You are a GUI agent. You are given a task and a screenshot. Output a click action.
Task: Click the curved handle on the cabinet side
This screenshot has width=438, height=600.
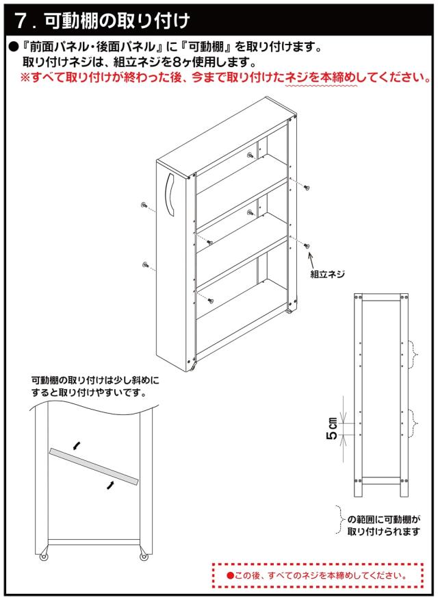pos(170,195)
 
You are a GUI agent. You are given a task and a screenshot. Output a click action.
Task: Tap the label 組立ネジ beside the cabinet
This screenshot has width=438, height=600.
pos(327,274)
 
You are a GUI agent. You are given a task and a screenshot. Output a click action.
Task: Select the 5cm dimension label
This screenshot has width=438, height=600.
pos(332,428)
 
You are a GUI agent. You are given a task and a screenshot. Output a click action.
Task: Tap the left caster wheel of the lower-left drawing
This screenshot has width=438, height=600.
pos(44,557)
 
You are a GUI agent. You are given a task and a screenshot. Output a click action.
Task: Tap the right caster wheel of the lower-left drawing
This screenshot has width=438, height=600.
pos(144,557)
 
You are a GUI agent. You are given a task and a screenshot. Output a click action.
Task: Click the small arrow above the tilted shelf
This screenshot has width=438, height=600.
pos(77,445)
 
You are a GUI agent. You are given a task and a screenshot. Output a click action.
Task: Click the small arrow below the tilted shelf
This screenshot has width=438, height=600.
pos(110,485)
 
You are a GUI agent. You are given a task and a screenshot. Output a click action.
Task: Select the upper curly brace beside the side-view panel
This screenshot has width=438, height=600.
pos(414,354)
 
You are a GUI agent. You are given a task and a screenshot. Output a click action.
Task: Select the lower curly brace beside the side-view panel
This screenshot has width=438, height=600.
pos(414,423)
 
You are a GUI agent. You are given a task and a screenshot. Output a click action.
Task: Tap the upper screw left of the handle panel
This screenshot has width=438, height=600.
pos(145,205)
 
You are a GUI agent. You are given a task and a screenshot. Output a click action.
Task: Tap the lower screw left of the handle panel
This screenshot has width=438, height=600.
pos(145,265)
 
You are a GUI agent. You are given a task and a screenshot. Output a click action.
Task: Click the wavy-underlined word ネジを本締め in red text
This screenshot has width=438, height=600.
pos(321,77)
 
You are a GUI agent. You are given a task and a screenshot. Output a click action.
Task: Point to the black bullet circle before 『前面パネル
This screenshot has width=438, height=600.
pos(14,47)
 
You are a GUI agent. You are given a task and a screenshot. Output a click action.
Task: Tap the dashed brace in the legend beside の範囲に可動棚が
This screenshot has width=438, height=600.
pos(339,520)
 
